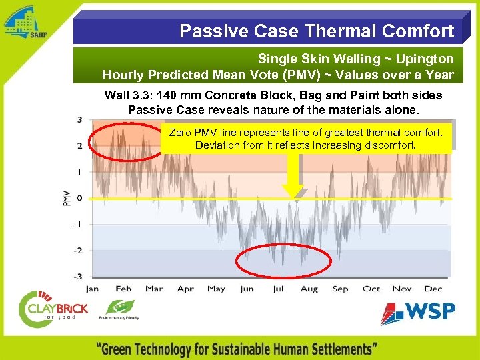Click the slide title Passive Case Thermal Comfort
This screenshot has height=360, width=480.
pos(317,31)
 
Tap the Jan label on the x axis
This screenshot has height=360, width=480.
pos(92,289)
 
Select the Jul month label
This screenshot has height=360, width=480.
pos(277,289)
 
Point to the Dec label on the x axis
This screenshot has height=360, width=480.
pos(433,289)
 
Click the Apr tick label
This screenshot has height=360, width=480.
pos(185,289)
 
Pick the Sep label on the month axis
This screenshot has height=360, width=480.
pos(340,289)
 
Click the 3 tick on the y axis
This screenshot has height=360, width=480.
pos(80,120)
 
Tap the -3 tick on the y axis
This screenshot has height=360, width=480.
pos(78,276)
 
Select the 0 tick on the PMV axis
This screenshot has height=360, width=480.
pos(80,198)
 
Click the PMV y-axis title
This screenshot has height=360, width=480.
pos(67,198)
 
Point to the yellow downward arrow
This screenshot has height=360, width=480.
pos(291,175)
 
